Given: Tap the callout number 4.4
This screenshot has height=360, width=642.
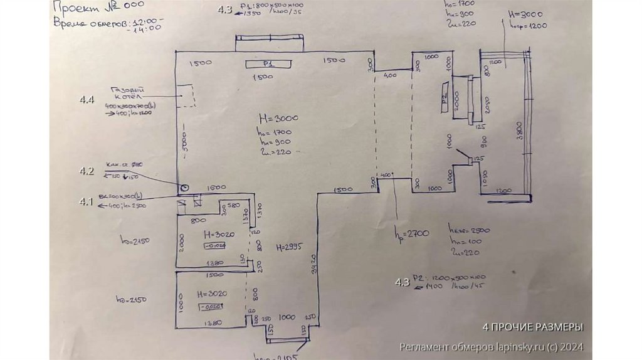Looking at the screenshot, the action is click(x=87, y=100).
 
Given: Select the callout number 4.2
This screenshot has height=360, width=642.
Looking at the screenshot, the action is click(x=87, y=171).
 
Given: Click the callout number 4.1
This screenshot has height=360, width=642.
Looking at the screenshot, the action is click(x=86, y=201).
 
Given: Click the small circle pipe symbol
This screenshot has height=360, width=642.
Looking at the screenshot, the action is click(x=184, y=188).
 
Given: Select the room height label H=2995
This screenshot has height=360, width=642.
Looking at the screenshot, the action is click(x=290, y=246).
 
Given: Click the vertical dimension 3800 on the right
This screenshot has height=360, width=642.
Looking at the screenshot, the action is click(x=518, y=132).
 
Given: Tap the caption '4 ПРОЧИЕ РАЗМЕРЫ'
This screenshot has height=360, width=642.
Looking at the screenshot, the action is click(x=533, y=327).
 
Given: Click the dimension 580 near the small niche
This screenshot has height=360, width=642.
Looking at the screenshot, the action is click(x=234, y=205).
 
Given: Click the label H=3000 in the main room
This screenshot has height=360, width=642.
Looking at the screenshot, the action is click(x=278, y=118).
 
